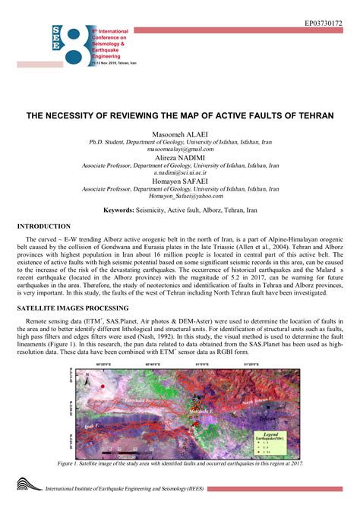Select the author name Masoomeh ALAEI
tap(180, 134)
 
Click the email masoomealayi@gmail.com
tap(180, 150)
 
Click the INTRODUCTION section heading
tap(44, 226)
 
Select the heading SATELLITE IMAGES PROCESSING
tap(73, 308)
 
